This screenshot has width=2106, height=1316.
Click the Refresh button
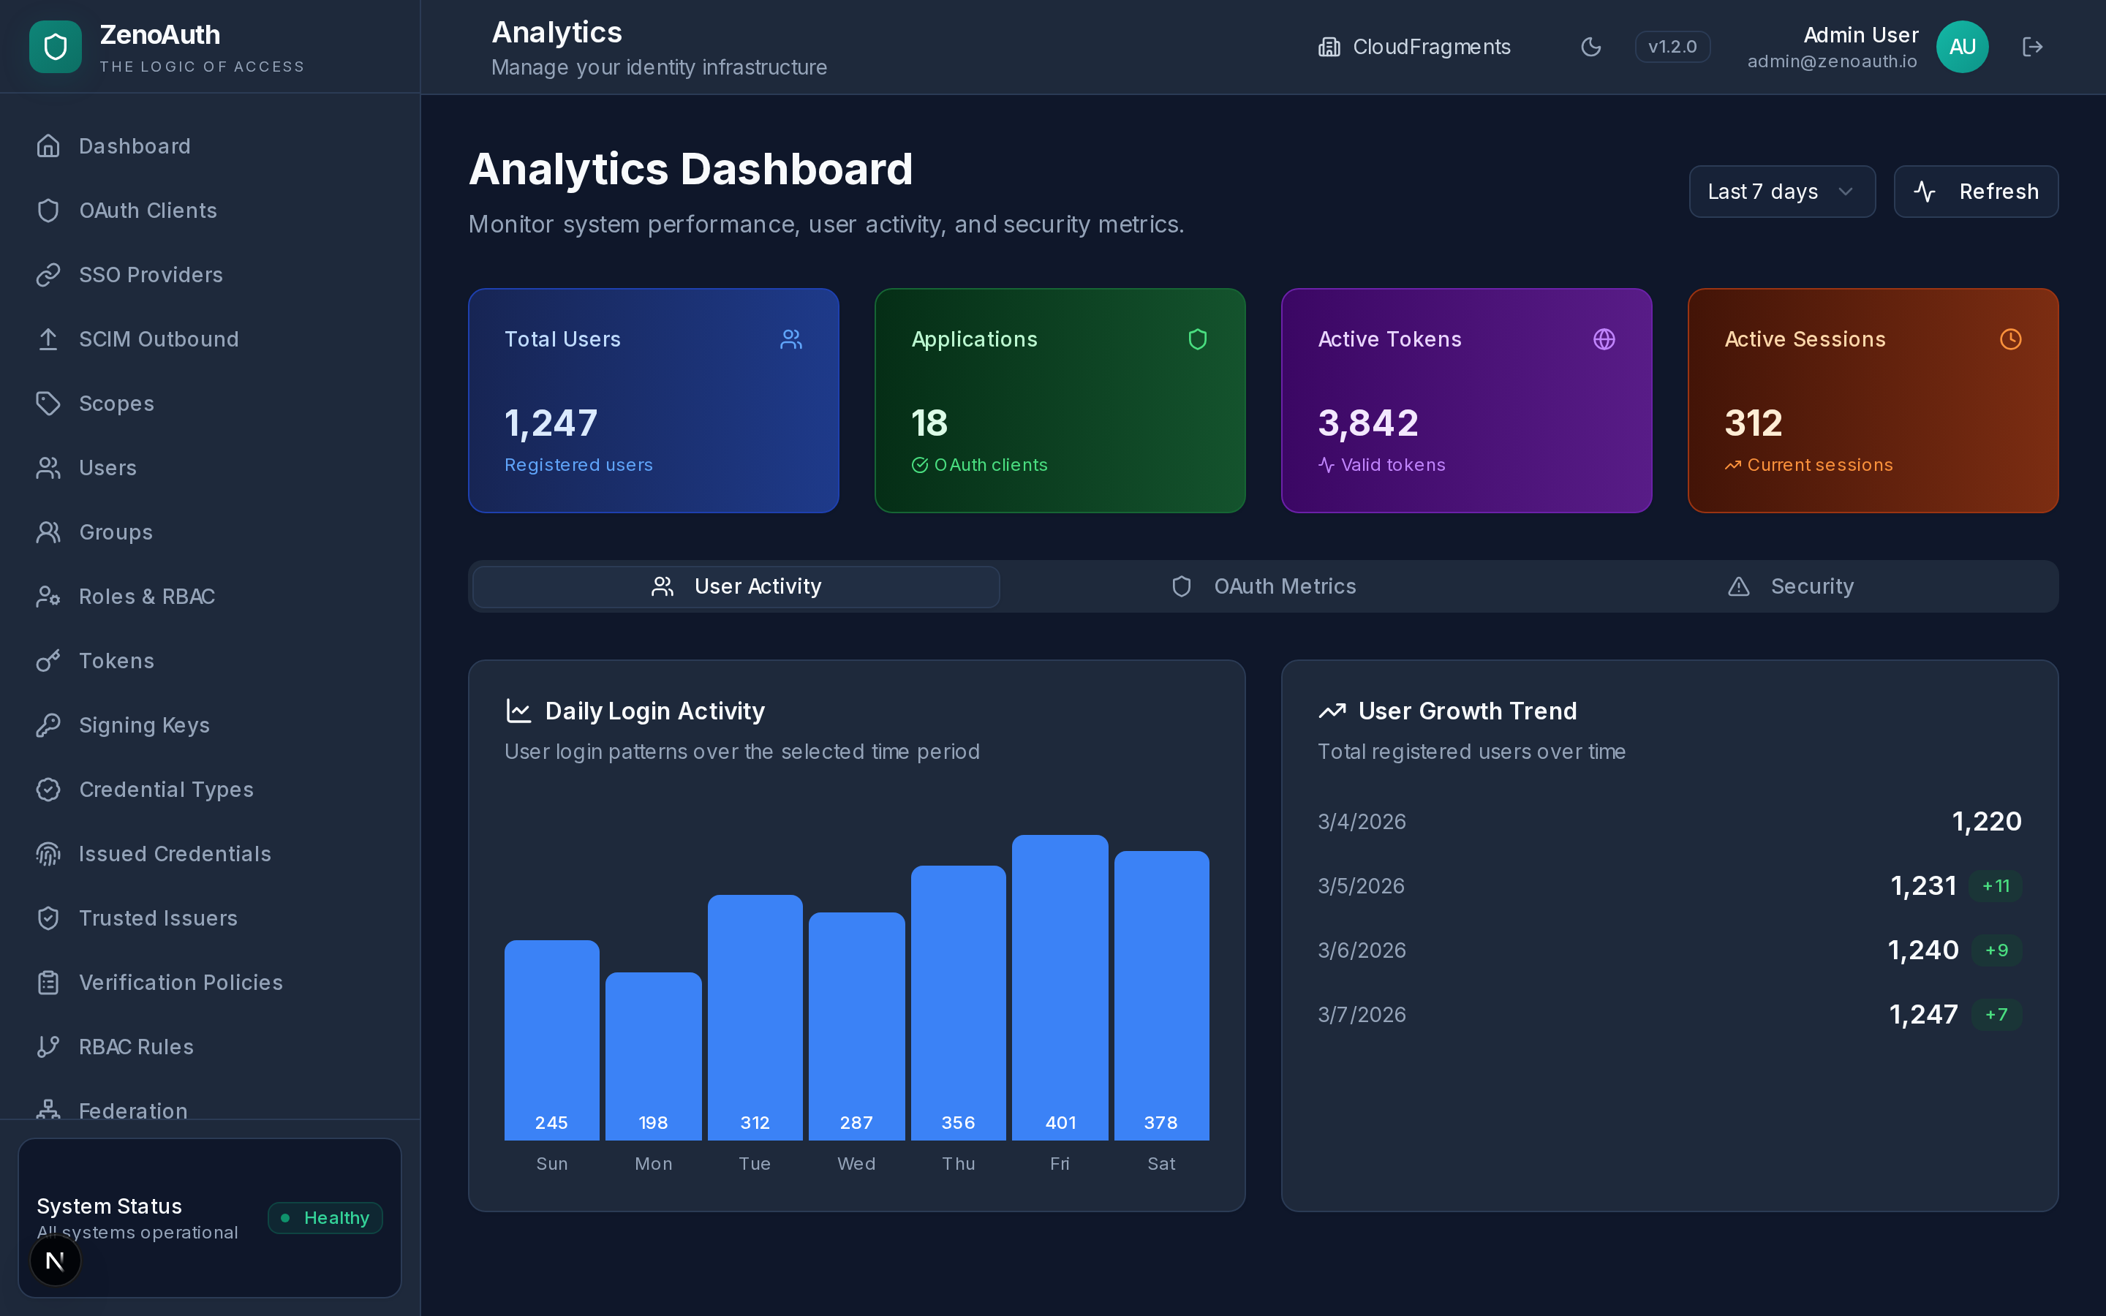coord(1975,192)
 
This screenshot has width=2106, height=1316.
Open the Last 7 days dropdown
coord(1781,192)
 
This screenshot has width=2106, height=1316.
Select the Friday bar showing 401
coord(1060,987)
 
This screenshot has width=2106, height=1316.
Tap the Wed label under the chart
coord(856,1164)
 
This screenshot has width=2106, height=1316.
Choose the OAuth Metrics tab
coord(1264,586)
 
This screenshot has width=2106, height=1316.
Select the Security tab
coord(1791,586)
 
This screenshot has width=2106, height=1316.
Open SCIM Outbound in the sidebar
coord(159,339)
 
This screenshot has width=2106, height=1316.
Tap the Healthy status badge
coord(325,1217)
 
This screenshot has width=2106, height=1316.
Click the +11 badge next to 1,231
coord(1996,886)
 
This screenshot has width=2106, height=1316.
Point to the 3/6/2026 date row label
coord(1362,950)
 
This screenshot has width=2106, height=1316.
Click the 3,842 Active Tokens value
coord(1368,423)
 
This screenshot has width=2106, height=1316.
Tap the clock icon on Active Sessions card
coord(2010,339)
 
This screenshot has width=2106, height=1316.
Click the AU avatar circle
coord(1961,47)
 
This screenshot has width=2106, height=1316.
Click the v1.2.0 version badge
coord(1672,47)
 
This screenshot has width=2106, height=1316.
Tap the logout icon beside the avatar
coord(2032,47)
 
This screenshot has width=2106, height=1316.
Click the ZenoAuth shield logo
coord(56,47)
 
